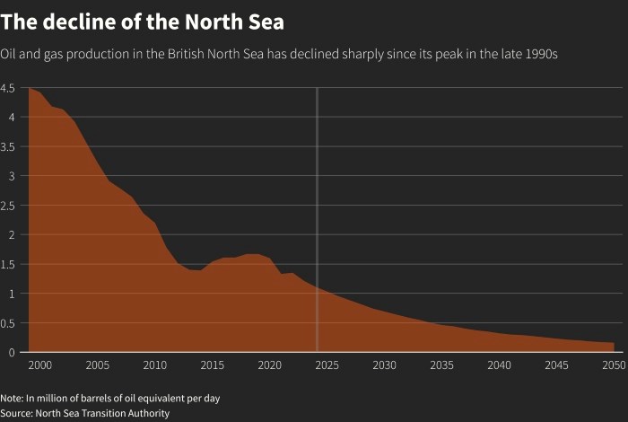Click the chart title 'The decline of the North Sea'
point(143,20)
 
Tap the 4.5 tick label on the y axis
point(8,88)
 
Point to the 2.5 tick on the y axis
point(8,206)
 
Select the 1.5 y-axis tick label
point(8,264)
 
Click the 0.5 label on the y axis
point(8,323)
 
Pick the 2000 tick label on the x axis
point(40,365)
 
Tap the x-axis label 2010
point(155,365)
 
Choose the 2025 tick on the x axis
point(327,365)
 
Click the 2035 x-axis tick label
point(441,365)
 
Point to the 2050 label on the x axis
point(614,365)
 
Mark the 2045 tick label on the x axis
point(556,365)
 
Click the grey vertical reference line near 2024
point(317,224)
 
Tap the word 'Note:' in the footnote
point(13,398)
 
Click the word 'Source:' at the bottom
point(16,413)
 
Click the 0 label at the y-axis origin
point(12,353)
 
